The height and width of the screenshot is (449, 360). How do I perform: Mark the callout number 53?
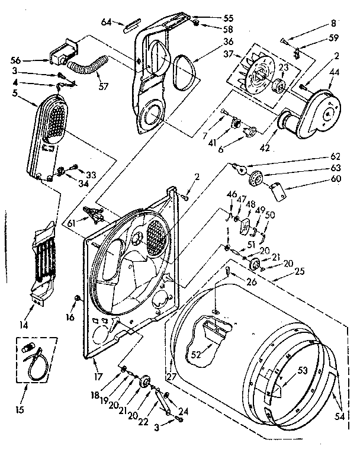tap(302, 371)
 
